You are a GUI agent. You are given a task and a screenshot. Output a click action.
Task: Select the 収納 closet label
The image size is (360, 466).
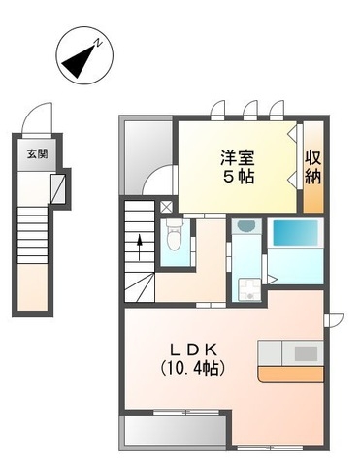point(313,166)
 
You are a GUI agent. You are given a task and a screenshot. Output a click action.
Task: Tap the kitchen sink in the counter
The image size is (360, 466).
point(301,350)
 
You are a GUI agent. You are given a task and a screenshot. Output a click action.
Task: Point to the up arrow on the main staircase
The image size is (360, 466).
point(142,243)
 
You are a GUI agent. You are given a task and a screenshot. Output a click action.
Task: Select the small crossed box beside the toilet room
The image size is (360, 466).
point(166,207)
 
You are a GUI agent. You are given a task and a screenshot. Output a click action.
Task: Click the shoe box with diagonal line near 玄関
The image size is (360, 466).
point(58,187)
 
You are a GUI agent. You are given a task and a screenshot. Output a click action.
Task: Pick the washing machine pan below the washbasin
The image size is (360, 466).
point(246,283)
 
